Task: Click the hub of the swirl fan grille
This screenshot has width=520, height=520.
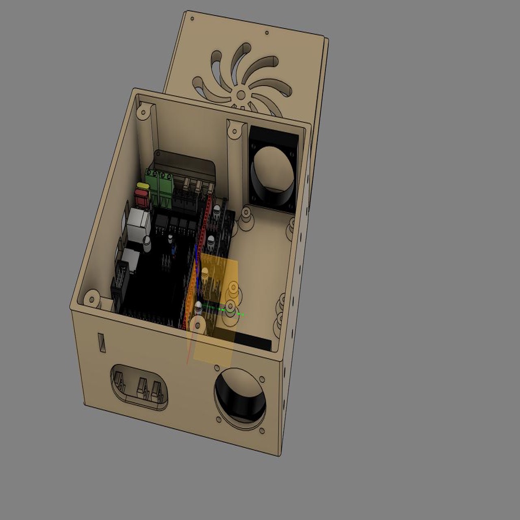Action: pyautogui.click(x=241, y=94)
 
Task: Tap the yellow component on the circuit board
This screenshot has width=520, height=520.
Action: pyautogui.click(x=143, y=186)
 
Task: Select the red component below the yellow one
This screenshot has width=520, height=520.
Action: pyautogui.click(x=142, y=198)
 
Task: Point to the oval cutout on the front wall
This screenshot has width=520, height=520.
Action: pyautogui.click(x=139, y=387)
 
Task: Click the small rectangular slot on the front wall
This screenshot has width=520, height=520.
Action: pyautogui.click(x=102, y=343)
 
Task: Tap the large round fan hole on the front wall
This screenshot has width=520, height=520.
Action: pyautogui.click(x=240, y=397)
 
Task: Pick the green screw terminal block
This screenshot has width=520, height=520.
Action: pyautogui.click(x=159, y=183)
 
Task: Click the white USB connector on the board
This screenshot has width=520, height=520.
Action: pyautogui.click(x=138, y=224)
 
